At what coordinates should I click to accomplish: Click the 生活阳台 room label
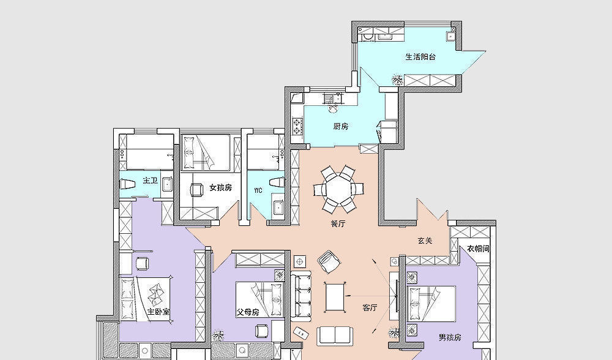tap(420, 57)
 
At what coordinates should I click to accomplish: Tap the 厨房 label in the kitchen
tap(341, 126)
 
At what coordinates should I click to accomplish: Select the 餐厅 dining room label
tap(338, 223)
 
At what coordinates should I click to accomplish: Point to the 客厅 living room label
tap(370, 308)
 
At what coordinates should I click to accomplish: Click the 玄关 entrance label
tap(425, 241)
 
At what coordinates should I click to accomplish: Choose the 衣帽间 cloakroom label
tap(478, 249)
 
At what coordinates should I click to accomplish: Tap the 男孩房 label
tap(450, 337)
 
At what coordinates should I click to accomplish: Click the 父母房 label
tap(248, 312)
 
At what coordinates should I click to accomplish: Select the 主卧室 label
tap(159, 312)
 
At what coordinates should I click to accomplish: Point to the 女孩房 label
tap(220, 188)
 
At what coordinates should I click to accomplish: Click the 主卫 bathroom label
tap(151, 181)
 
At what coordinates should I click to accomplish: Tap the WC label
tap(258, 190)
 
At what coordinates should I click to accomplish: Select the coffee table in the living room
tap(335, 297)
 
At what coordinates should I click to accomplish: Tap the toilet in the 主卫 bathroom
tap(128, 184)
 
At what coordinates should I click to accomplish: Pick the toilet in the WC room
tap(277, 182)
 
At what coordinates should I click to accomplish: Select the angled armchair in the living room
tap(329, 261)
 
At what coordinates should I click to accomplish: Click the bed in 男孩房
tap(431, 304)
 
